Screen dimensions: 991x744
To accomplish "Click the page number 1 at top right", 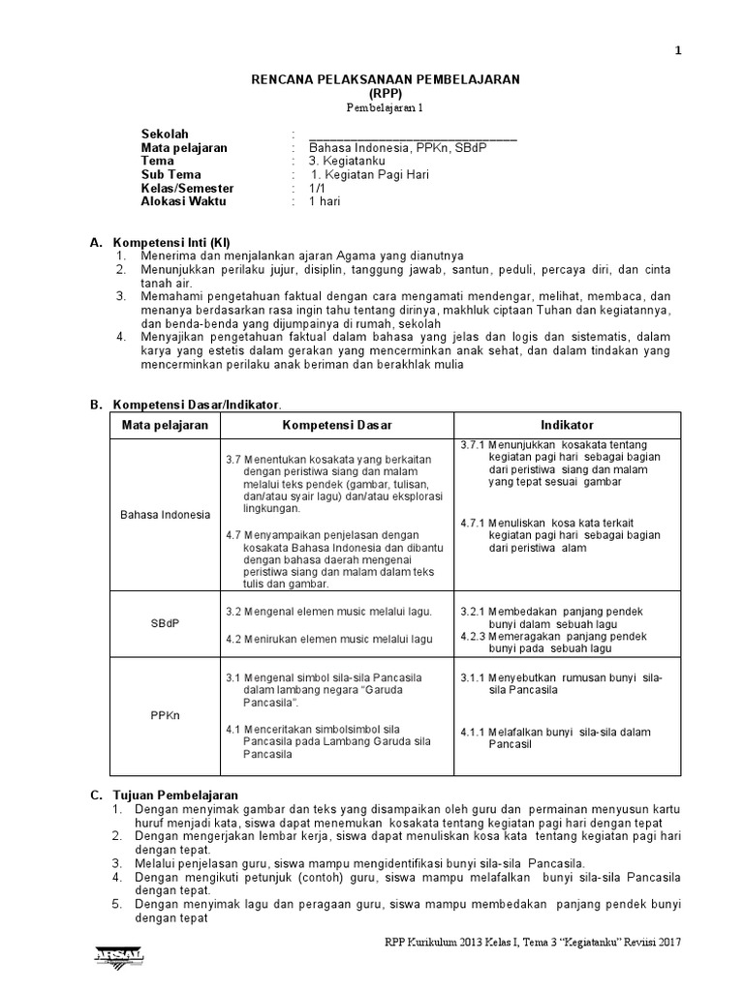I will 678,52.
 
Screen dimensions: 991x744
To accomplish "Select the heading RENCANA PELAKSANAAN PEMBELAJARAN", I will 386,79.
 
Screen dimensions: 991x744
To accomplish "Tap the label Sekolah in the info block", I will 166,134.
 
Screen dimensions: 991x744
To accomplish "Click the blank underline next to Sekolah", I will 413,135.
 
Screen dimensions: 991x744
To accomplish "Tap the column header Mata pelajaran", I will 159,426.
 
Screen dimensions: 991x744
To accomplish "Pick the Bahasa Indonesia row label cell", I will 165,514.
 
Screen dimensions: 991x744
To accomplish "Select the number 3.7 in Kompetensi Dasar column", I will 233,458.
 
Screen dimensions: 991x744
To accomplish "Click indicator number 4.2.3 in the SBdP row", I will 474,637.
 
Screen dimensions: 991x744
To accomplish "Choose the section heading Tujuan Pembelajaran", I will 175,795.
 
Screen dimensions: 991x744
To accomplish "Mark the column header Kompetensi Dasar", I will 337,426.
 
